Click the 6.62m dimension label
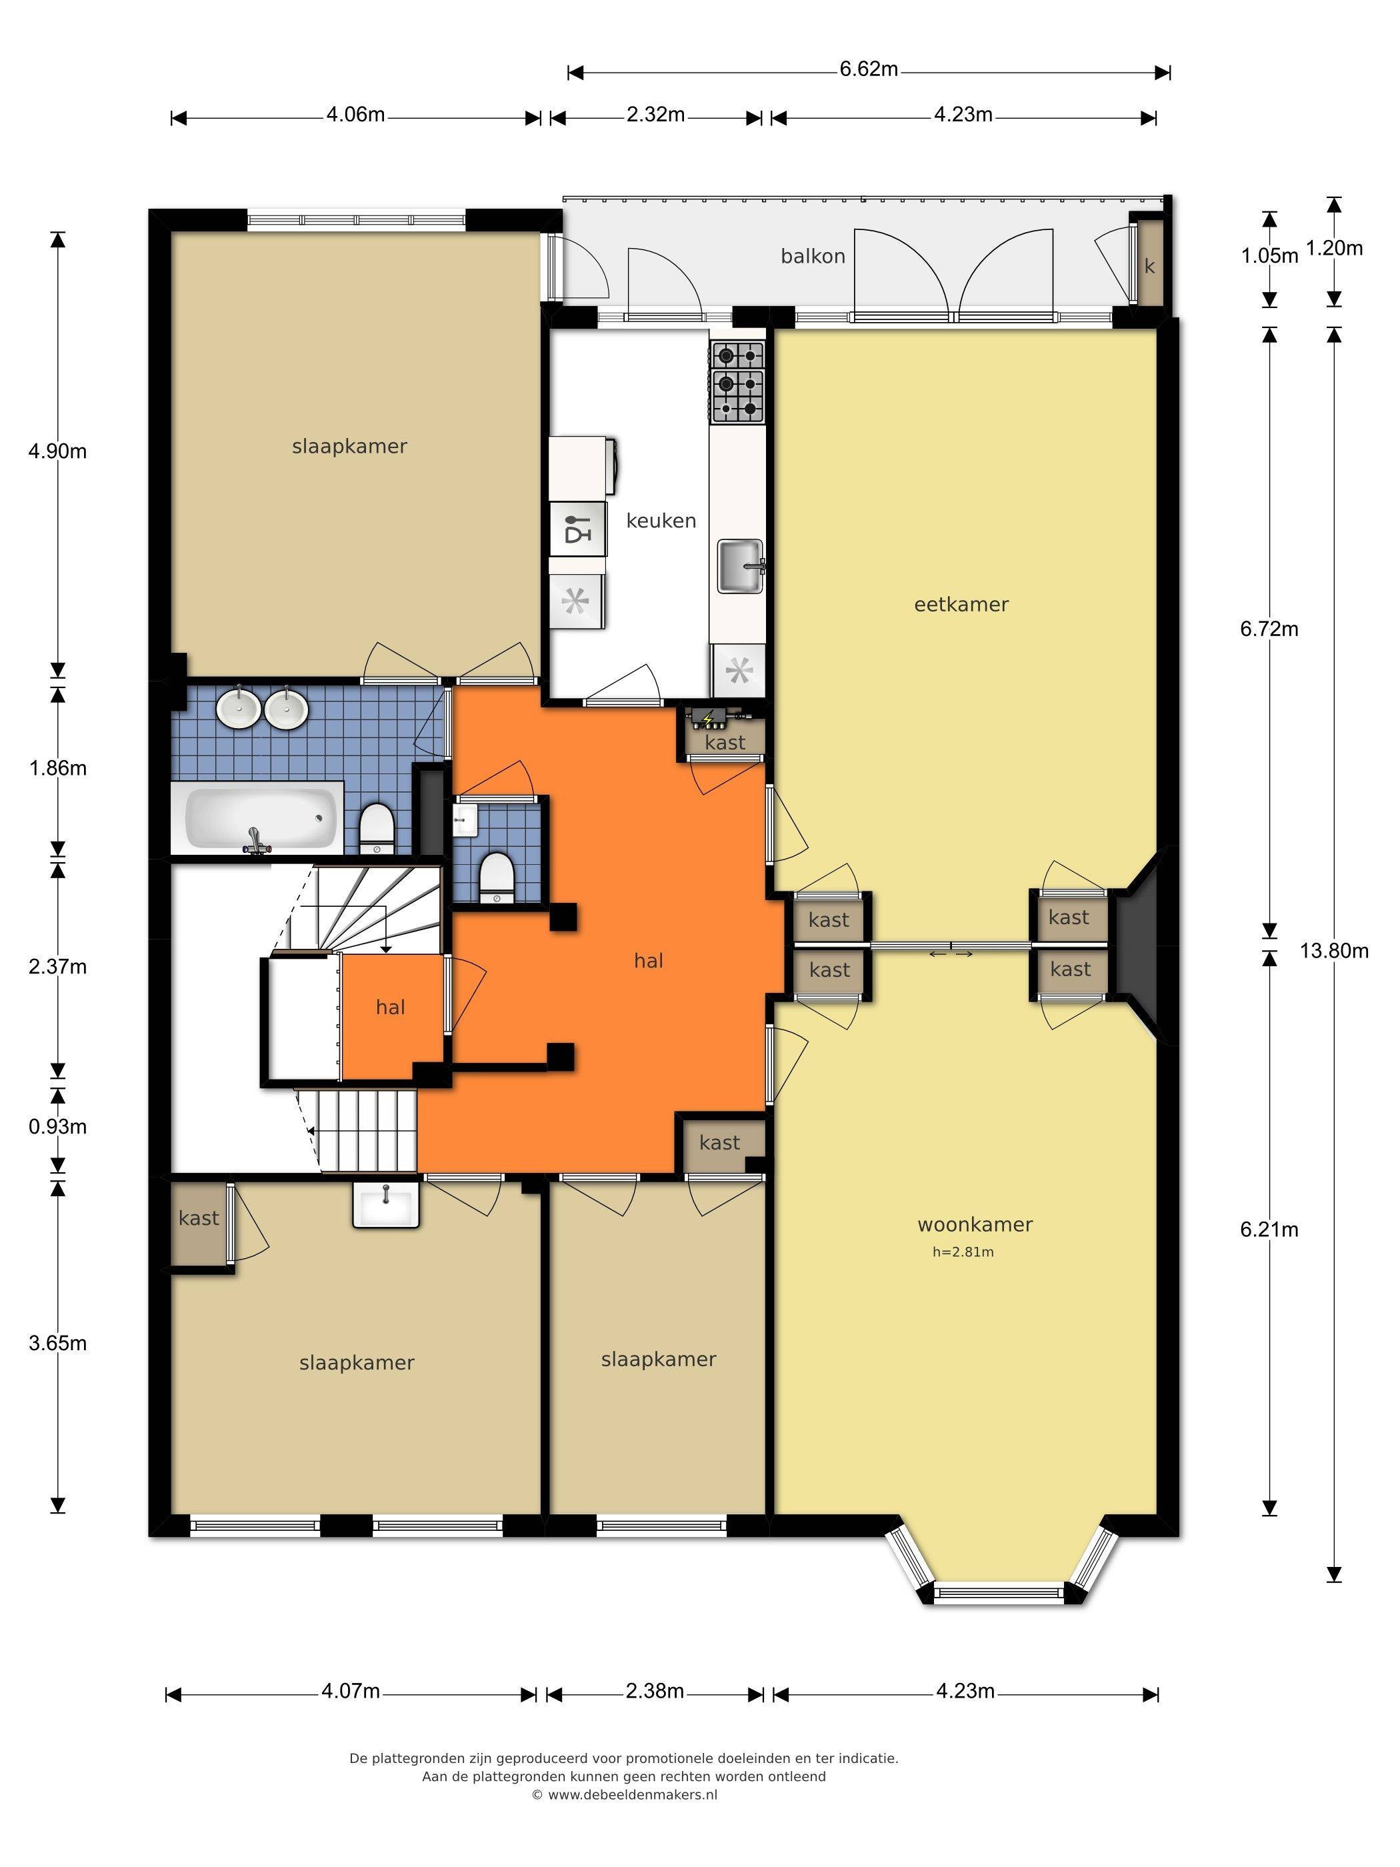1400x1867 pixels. tap(869, 69)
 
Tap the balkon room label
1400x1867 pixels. tap(813, 257)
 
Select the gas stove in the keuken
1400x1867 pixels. tap(737, 381)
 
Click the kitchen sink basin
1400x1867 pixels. tap(741, 565)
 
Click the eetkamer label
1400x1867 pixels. tap(961, 604)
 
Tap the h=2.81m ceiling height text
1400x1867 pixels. tap(963, 1252)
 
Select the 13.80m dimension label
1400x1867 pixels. tap(1334, 952)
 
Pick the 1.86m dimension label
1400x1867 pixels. tap(57, 768)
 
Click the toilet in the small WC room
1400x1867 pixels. tap(496, 876)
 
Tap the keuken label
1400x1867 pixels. tap(661, 521)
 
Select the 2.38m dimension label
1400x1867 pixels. tap(655, 1690)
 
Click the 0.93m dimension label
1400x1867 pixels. tap(57, 1127)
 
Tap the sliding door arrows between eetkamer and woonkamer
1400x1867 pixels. tap(951, 954)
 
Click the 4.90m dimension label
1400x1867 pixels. tap(57, 451)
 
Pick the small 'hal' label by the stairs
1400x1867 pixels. tap(391, 1007)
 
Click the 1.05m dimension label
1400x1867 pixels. tap(1269, 256)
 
